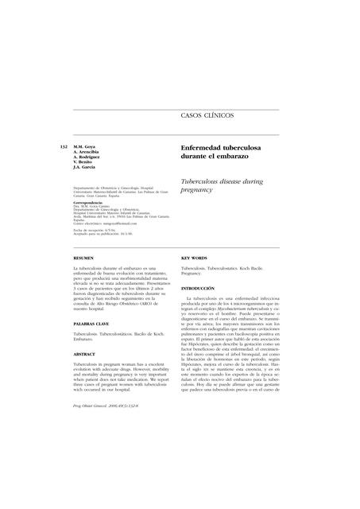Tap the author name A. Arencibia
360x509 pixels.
pos(88,153)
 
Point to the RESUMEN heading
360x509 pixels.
pos(83,258)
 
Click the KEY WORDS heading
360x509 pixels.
pos(194,258)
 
